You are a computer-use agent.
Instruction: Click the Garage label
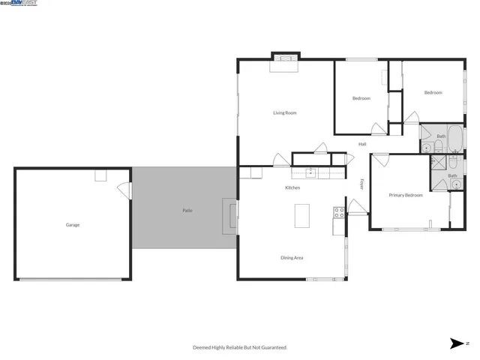coord(73,225)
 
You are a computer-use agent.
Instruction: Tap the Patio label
coord(187,211)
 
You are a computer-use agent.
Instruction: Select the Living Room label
coord(284,113)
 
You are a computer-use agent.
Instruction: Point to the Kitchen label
coord(292,187)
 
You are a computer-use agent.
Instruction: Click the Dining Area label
coord(292,258)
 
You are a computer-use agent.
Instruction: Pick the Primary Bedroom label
coord(406,195)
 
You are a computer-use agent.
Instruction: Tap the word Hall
coord(362,144)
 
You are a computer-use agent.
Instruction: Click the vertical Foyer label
coord(361,184)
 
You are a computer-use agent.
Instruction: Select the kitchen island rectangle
coord(302,216)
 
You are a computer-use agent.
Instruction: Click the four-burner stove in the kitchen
coord(339,212)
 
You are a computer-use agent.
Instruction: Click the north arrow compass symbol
coord(456,343)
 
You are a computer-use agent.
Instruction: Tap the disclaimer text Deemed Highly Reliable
coord(240,347)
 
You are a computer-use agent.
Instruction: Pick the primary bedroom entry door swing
coord(380,159)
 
